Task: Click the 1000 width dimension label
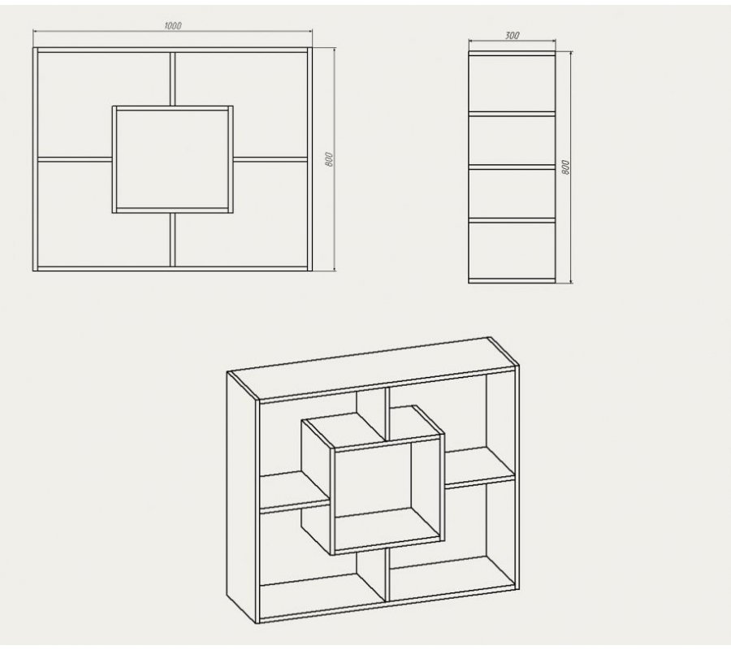coord(173,26)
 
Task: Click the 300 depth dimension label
coord(512,36)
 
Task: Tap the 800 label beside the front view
coord(329,159)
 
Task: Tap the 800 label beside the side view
coord(565,167)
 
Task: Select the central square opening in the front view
coord(173,159)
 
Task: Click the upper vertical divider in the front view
coord(172,79)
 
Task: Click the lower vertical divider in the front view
coord(172,240)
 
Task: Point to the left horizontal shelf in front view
coord(75,159)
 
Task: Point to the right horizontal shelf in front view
coord(270,159)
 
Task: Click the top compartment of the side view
coord(512,84)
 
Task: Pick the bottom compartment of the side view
coord(512,250)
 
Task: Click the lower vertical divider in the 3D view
coord(387,575)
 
